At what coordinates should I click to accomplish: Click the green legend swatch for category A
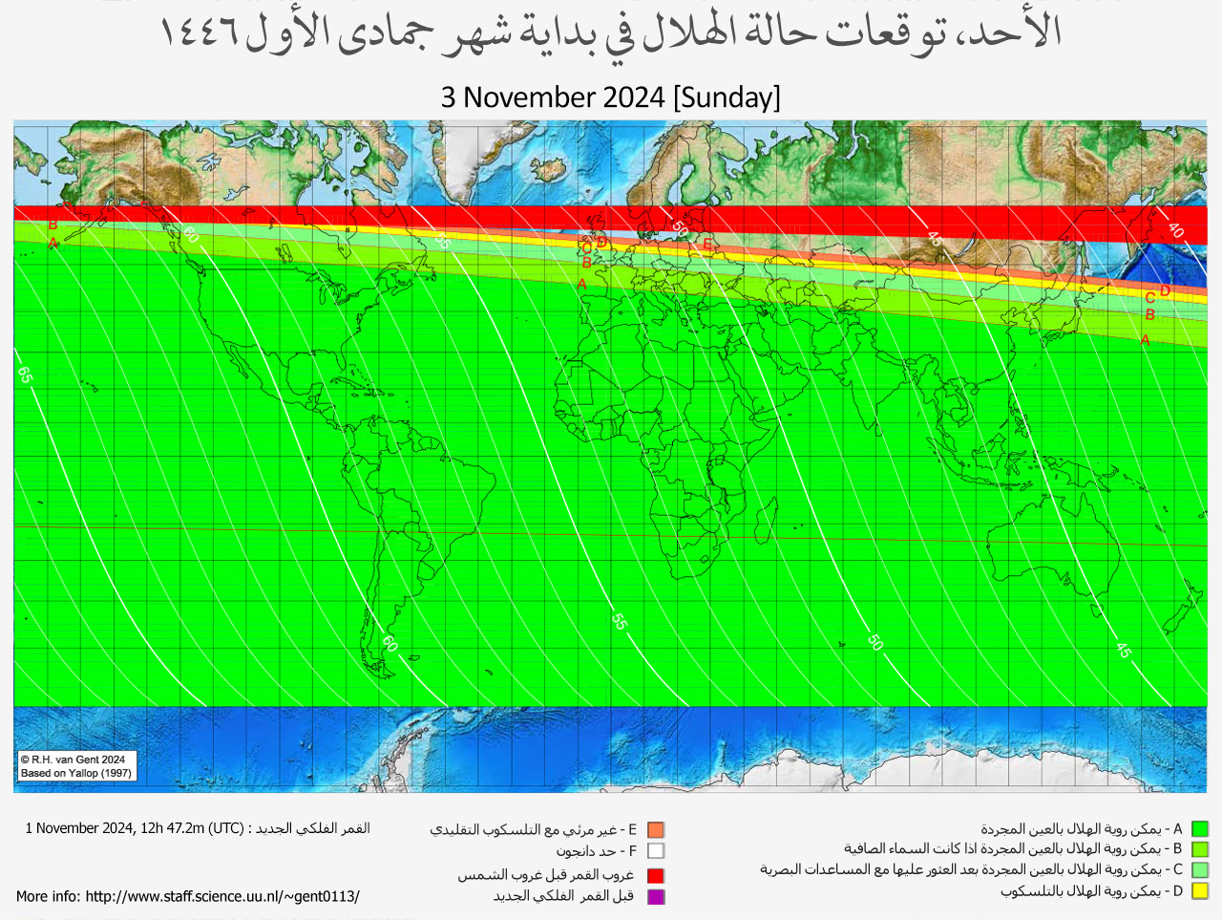coord(1200,829)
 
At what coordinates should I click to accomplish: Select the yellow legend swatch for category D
coord(1200,891)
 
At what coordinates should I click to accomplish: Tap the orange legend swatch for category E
coord(655,830)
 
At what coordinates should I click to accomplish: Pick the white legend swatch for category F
coord(655,851)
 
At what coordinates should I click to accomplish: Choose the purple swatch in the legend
coord(655,897)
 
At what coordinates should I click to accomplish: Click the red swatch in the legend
coord(655,875)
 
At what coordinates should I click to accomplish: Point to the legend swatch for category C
coord(1200,870)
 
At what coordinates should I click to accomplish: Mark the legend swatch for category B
coord(1200,849)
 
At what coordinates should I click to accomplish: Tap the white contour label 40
coord(1175,230)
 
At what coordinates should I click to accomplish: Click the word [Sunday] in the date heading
coord(727,97)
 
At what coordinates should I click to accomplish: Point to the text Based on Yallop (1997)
coord(76,773)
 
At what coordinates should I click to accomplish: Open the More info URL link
coord(221,897)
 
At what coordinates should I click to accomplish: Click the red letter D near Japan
coord(1165,290)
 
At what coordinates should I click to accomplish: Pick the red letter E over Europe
coord(707,245)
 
